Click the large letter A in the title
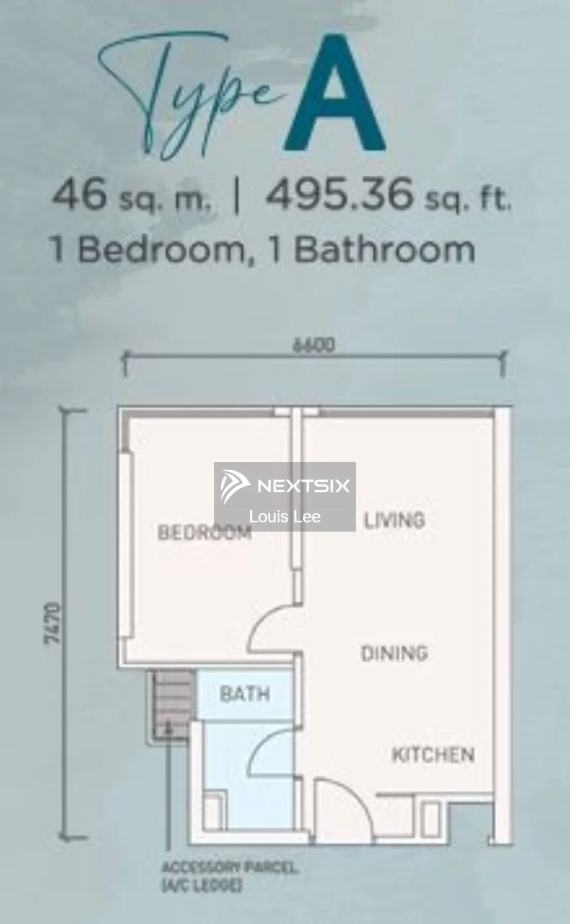[335, 94]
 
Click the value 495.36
[339, 193]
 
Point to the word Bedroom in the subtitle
[161, 249]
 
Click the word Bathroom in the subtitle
[385, 249]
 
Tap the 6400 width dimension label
[314, 345]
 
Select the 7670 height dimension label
[53, 623]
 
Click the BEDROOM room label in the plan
[204, 533]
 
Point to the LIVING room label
[394, 520]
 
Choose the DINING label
[395, 654]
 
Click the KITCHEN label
[433, 755]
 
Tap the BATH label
[245, 694]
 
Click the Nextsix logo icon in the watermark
[234, 487]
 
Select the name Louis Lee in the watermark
[285, 516]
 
